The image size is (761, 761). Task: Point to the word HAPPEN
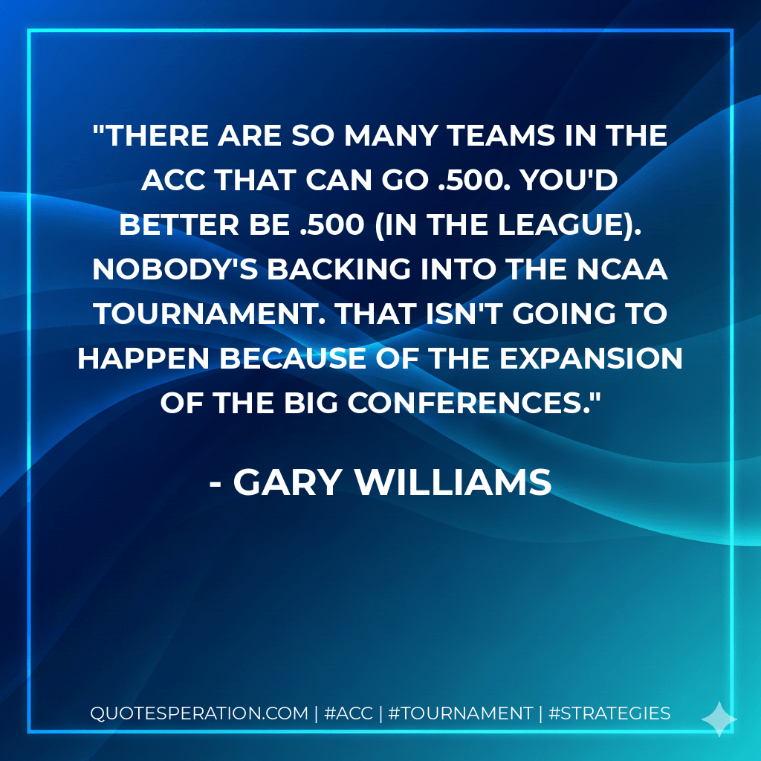coord(140,358)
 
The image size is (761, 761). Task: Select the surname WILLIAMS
coord(452,483)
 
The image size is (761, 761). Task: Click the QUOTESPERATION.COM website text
coord(198,714)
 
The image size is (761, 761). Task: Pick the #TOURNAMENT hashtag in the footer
coord(460,714)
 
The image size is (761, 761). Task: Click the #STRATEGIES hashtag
coord(609,714)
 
